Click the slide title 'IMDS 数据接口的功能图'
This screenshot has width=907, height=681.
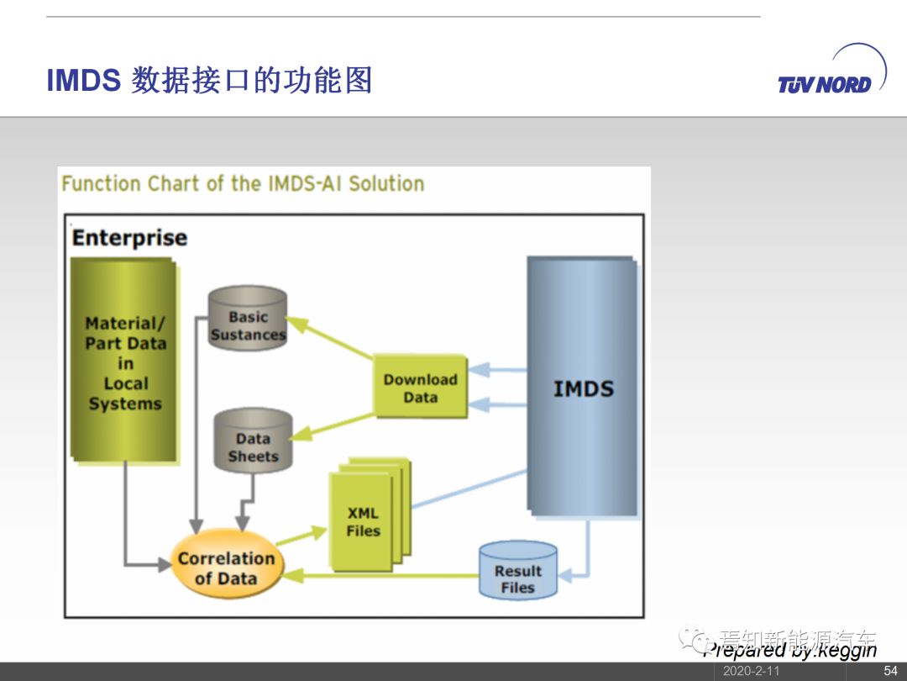(x=209, y=81)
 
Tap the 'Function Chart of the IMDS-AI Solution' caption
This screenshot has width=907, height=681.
(x=243, y=183)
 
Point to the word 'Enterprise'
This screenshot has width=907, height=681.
(x=129, y=238)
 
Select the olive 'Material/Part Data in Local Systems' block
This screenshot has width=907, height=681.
(x=125, y=362)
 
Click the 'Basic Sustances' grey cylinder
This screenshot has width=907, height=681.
(x=248, y=324)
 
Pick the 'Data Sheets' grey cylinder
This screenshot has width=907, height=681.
(x=253, y=446)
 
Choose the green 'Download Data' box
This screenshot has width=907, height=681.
(x=420, y=388)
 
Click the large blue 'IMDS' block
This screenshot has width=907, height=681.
(x=583, y=387)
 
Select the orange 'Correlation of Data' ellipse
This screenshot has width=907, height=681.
(x=225, y=567)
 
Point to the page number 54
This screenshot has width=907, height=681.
(x=890, y=671)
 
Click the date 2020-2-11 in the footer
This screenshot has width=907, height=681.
(x=751, y=671)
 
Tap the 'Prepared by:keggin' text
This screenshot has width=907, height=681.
(x=789, y=650)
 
